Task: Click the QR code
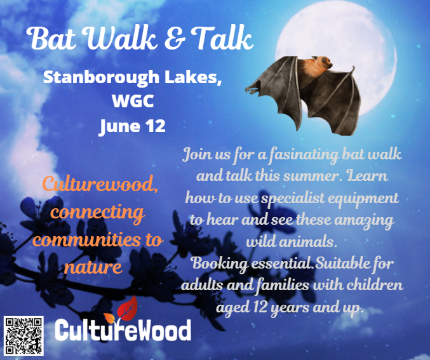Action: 24,335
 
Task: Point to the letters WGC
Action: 131,102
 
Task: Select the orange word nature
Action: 93,267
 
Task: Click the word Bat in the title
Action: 53,40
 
